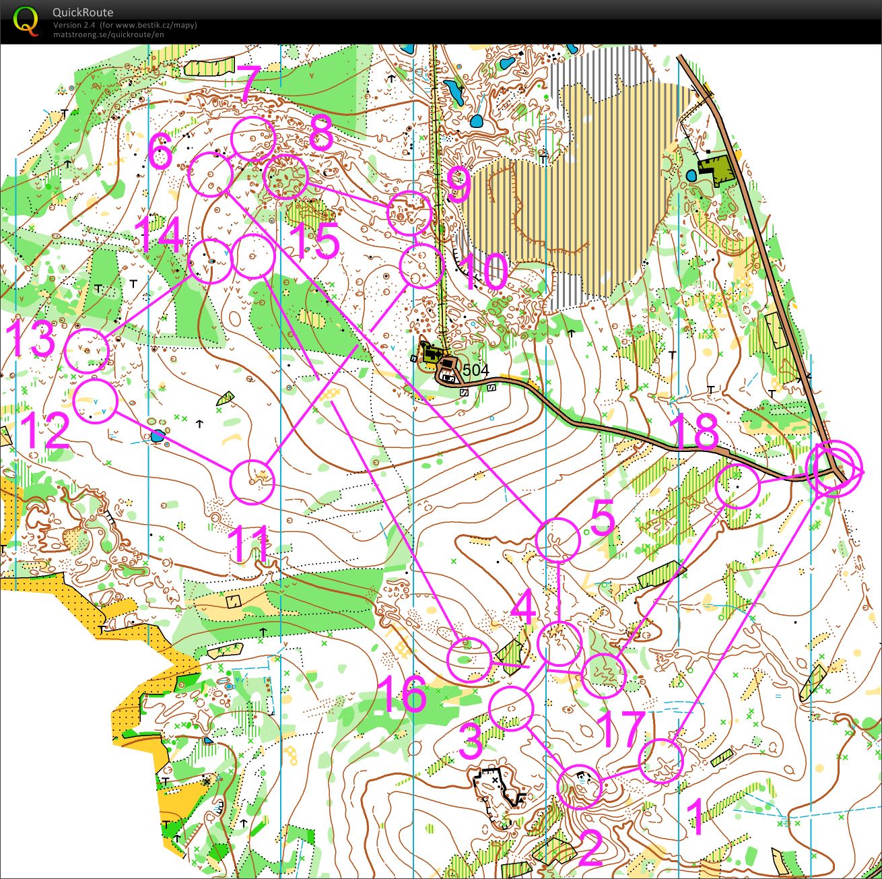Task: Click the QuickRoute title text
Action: [83, 12]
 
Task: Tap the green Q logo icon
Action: [26, 20]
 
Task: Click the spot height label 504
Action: [476, 370]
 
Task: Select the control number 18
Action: [696, 433]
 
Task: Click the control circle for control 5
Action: [557, 540]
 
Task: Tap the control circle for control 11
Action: [253, 482]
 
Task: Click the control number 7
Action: [247, 84]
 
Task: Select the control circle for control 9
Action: [409, 213]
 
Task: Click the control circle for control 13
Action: [88, 350]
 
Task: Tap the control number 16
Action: [402, 694]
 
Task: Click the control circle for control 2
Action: [580, 787]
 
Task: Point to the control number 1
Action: [696, 816]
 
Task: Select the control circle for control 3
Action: [511, 708]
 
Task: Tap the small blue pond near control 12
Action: [157, 436]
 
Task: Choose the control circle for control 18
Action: [737, 486]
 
